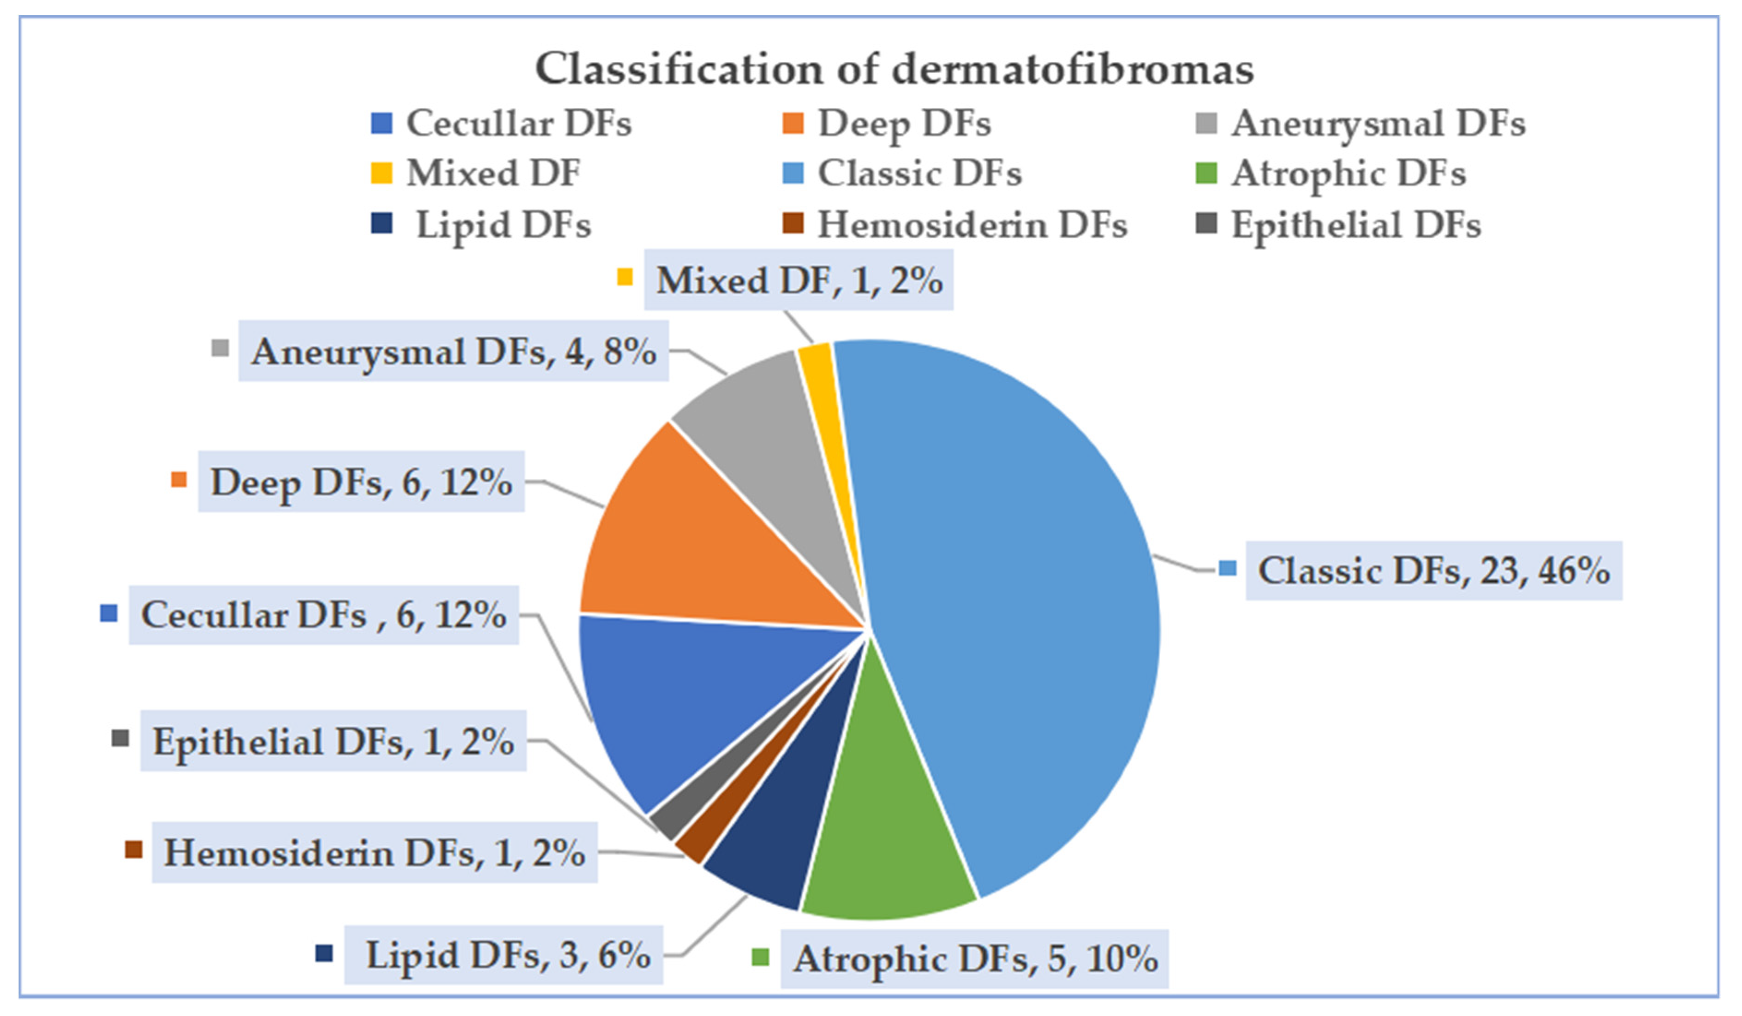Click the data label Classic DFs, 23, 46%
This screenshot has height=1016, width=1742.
click(x=1433, y=571)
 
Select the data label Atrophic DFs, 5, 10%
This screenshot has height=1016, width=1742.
click(x=975, y=959)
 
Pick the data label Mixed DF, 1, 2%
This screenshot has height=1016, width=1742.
click(x=799, y=280)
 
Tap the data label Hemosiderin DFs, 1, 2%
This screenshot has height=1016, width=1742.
click(x=374, y=852)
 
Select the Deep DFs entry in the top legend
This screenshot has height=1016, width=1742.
click(x=903, y=124)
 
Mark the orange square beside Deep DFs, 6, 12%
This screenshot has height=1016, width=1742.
click(x=179, y=480)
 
